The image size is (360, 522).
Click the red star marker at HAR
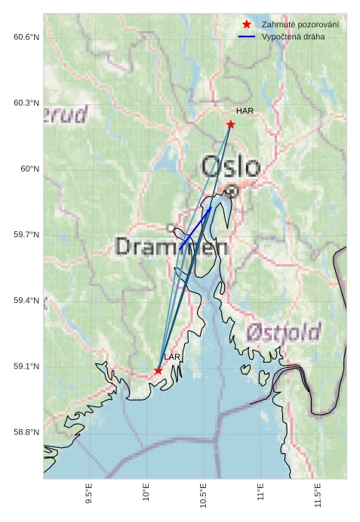(230, 124)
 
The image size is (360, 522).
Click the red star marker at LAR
(158, 370)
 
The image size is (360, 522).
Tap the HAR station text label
(245, 111)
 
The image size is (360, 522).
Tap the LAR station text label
(172, 357)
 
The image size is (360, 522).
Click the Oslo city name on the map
(230, 167)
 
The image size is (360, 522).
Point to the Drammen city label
(172, 246)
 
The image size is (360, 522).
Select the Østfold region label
(284, 332)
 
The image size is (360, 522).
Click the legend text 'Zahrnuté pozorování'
(300, 25)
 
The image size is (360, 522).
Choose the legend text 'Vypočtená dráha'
(293, 37)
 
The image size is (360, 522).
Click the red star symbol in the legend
(247, 25)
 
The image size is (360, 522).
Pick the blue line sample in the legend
(247, 37)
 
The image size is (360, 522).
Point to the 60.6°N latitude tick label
(26, 37)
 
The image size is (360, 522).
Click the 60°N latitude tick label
(30, 169)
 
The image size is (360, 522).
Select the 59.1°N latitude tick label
(26, 367)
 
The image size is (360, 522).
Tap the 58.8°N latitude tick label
(26, 433)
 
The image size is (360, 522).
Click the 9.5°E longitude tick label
(89, 496)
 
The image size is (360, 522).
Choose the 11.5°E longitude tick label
(318, 496)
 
